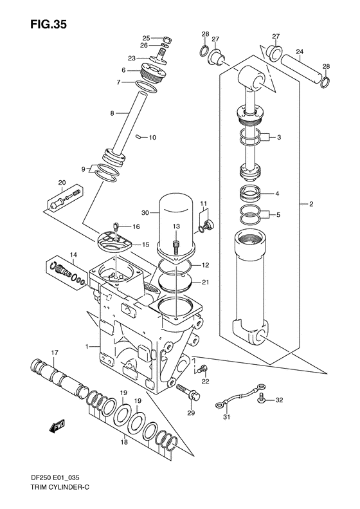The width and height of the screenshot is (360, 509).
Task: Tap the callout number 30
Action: point(145,213)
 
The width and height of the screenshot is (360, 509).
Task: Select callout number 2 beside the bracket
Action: point(310,205)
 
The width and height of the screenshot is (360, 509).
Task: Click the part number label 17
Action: point(55,352)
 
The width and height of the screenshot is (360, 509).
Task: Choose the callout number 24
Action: point(299,51)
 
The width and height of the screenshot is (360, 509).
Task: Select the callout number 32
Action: point(278,401)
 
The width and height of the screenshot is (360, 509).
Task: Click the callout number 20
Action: point(62,182)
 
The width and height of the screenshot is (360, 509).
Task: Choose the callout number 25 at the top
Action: point(146,38)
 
